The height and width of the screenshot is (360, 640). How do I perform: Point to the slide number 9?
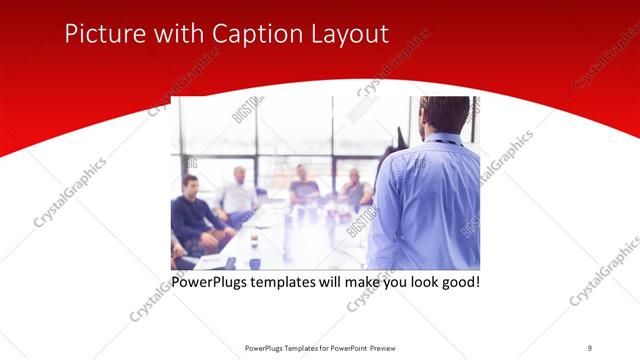[x=590, y=347]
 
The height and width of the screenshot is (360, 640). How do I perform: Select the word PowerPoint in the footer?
[x=347, y=347]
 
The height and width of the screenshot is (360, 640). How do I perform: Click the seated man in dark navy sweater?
[x=192, y=215]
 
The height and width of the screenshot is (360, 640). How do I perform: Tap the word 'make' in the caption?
[x=354, y=282]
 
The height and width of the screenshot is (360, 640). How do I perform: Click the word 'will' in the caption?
[x=321, y=282]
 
